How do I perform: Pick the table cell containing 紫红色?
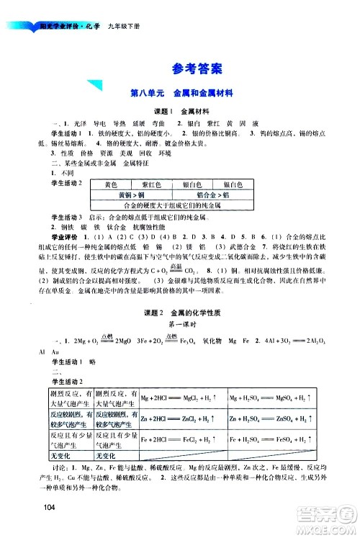tap(150, 185)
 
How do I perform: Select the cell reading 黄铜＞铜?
tap(131, 194)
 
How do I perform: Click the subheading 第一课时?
tap(180, 324)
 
